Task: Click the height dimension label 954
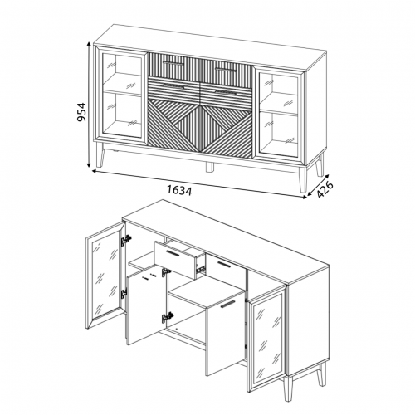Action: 81,112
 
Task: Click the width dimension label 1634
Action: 179,190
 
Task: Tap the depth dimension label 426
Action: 325,189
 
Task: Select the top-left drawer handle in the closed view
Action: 173,64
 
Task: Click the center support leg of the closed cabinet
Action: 210,167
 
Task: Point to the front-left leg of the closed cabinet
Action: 100,158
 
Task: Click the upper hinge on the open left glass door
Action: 125,240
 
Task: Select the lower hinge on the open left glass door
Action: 124,293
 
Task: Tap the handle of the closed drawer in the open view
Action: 224,264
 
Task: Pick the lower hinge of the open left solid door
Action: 168,317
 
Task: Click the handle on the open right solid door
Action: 227,304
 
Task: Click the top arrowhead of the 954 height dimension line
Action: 89,45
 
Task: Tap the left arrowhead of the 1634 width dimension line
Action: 95,171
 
